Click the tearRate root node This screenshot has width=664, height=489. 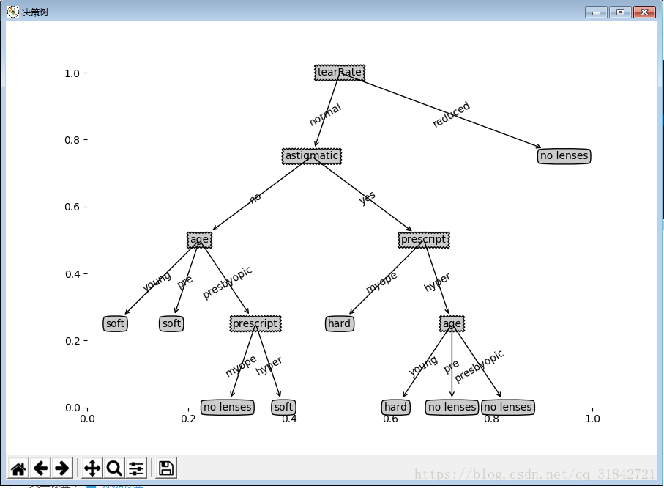[x=340, y=73]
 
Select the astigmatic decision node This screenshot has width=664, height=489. [x=312, y=156]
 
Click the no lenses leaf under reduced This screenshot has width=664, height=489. [x=564, y=156]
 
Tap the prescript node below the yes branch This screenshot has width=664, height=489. [x=423, y=240]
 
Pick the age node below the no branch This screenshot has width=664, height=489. [x=199, y=240]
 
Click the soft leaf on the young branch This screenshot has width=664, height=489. [x=115, y=323]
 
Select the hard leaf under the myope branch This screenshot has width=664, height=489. [x=339, y=323]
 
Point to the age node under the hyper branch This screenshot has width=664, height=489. [x=452, y=323]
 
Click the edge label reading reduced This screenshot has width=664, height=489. [x=451, y=115]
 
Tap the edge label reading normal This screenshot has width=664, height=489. [x=325, y=114]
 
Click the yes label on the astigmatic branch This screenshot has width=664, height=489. [x=367, y=197]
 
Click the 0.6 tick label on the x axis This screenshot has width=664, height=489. [x=390, y=419]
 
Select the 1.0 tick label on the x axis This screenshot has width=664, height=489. [x=592, y=419]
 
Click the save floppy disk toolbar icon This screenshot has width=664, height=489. [x=166, y=468]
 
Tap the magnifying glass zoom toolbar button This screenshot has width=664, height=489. [x=114, y=468]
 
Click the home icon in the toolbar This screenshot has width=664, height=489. [x=19, y=468]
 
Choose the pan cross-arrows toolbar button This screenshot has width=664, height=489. [x=92, y=468]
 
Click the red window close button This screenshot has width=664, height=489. [x=644, y=12]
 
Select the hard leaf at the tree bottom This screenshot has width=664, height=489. [x=395, y=407]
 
